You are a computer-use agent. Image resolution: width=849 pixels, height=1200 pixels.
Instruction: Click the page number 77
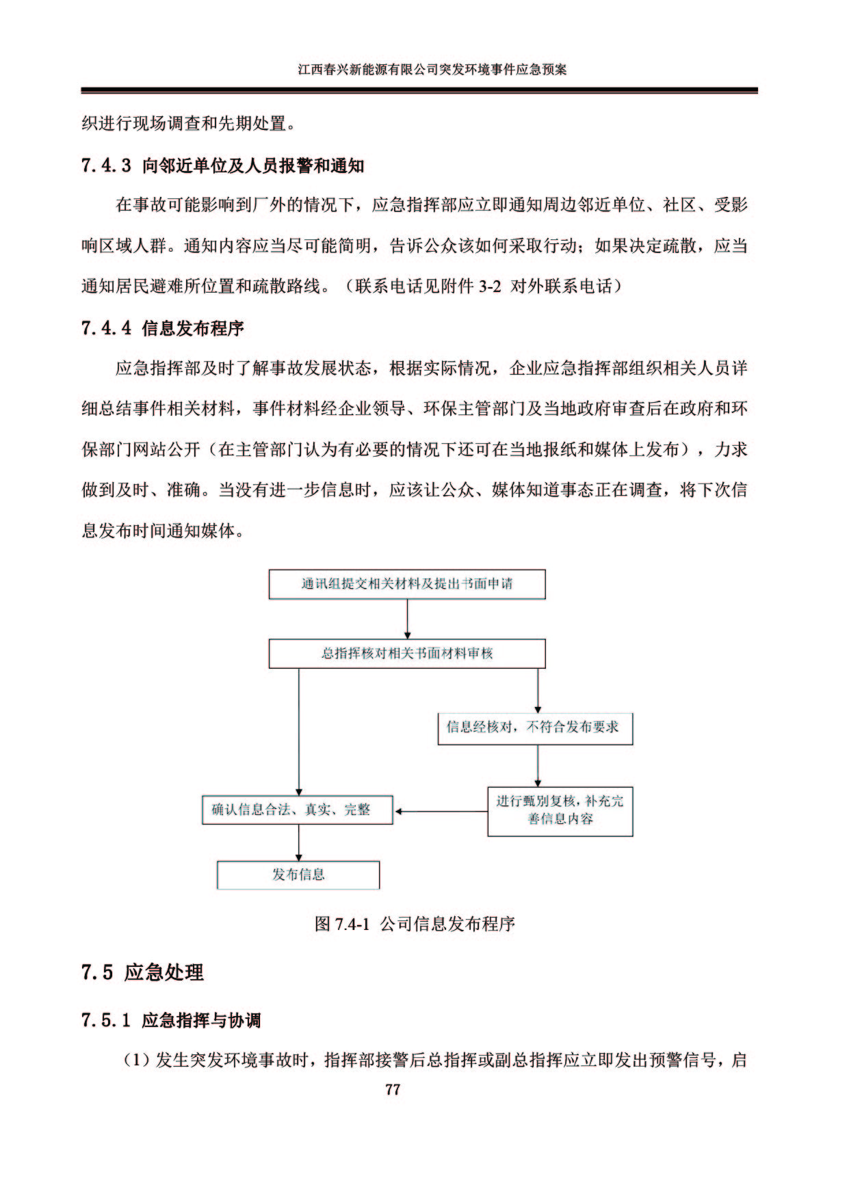tap(392, 1089)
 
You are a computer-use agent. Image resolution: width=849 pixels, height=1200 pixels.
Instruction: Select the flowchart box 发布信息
tap(298, 875)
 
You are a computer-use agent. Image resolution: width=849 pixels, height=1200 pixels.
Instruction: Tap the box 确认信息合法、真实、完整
tap(298, 810)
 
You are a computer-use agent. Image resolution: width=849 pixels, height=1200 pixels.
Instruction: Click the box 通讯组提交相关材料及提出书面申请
tap(407, 585)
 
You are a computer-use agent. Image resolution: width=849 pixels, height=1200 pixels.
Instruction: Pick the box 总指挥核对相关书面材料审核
tap(407, 654)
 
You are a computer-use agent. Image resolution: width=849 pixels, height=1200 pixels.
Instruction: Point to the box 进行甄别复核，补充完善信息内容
tap(560, 812)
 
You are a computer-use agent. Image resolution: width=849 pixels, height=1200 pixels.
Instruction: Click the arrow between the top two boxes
tap(407, 619)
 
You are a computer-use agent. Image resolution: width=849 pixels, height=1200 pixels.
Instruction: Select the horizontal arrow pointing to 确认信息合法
tap(441, 812)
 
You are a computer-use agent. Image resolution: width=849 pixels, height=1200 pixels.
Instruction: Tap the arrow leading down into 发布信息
tap(299, 842)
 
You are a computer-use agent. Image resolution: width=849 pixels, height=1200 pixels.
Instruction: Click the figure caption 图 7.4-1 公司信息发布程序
tap(415, 924)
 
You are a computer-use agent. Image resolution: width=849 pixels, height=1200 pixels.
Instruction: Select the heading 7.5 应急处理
tap(142, 972)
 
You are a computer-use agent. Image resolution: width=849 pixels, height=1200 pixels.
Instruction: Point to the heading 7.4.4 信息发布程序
tap(163, 329)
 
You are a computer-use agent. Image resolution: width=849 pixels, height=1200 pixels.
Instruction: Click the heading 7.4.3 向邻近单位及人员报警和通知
tap(223, 165)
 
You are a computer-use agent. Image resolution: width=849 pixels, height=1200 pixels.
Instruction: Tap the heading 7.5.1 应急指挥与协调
tap(171, 1021)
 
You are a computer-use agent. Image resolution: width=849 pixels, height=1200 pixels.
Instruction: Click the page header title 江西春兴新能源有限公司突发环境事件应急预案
tap(432, 70)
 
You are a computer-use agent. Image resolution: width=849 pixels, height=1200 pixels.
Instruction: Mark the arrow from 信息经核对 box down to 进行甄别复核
tap(538, 766)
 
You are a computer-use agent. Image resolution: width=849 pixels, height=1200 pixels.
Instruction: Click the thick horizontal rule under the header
tap(419, 90)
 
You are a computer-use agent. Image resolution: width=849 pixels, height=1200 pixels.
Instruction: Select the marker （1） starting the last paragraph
tap(136, 1061)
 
